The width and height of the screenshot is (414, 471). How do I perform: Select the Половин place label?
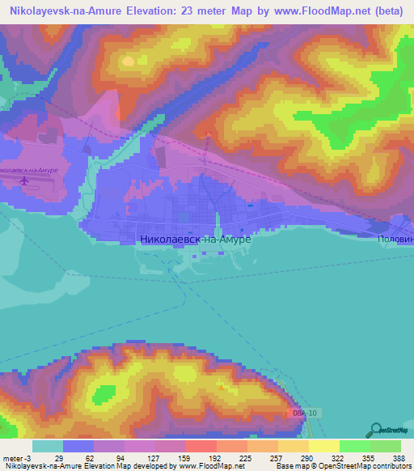pos(395,240)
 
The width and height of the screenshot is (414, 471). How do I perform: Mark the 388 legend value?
pos(398,458)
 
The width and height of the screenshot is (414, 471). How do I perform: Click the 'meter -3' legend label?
pos(16,458)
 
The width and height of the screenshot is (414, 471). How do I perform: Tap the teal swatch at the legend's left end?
pos(48,446)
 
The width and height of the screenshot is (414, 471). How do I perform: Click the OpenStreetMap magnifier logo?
pos(376,430)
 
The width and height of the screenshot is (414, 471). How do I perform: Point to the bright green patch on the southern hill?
pos(103,395)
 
